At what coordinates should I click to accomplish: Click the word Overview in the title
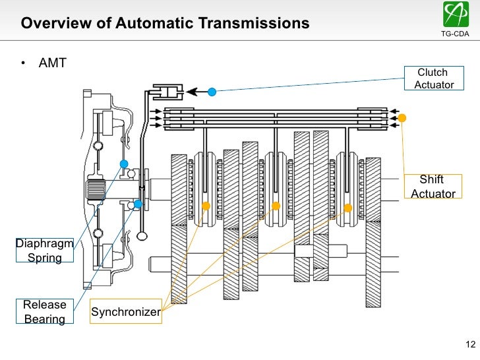point(51,23)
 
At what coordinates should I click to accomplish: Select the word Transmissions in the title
point(260,23)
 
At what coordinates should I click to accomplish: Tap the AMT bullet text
point(53,65)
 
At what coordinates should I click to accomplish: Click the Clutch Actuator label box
point(433,78)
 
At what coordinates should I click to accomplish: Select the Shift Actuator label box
point(433,187)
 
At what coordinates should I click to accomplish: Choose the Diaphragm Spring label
point(44,251)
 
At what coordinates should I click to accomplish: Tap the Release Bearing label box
point(45,312)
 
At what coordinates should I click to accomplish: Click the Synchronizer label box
point(125,312)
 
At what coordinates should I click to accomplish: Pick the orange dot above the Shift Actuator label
point(402,118)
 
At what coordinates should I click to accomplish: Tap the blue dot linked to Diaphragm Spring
point(123,164)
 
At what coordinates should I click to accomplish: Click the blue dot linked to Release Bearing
point(138,204)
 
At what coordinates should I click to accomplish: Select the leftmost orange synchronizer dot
point(206,206)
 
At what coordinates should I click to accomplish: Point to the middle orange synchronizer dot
point(276,206)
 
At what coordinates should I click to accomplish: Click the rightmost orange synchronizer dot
point(347,208)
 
